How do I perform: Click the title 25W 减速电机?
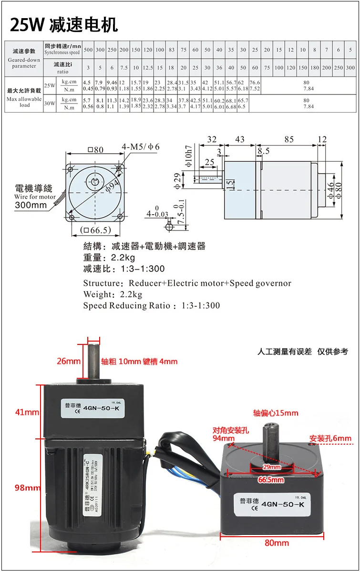(x=64, y=24)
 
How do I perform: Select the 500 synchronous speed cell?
(x=88, y=50)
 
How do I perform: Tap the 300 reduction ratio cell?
(x=350, y=68)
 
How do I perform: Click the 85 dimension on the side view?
(x=288, y=140)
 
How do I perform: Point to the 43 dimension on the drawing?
(x=239, y=140)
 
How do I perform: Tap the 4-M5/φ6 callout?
(x=141, y=146)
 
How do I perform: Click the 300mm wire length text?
(x=31, y=206)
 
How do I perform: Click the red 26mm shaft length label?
(x=69, y=361)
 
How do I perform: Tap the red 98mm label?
(x=27, y=488)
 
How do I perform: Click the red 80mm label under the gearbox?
(x=277, y=543)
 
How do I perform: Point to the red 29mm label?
(x=272, y=467)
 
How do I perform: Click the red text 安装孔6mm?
(x=330, y=438)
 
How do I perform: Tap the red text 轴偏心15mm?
(x=275, y=413)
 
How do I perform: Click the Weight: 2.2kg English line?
(x=113, y=294)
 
